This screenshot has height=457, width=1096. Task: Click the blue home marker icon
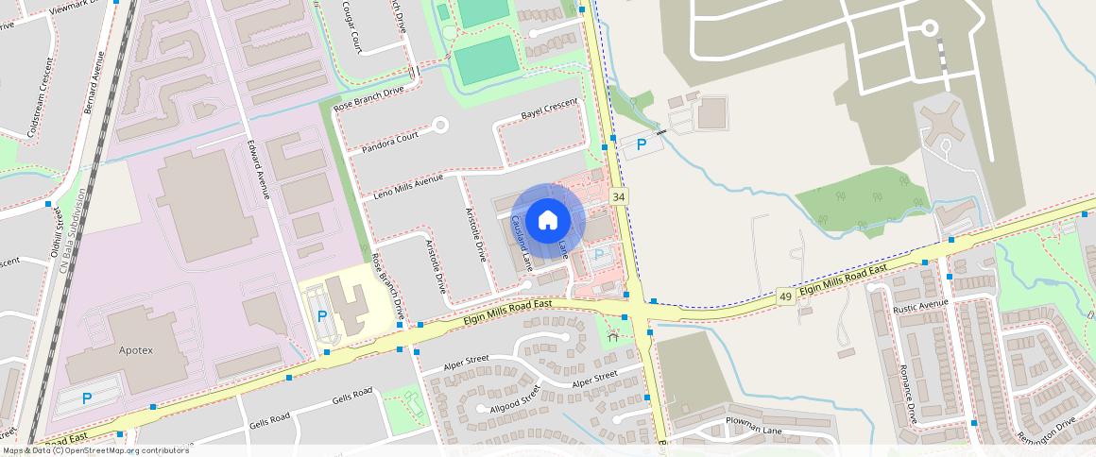pos(548,221)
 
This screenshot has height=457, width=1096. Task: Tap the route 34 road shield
pos(619,196)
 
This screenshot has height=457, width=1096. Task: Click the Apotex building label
pos(134,350)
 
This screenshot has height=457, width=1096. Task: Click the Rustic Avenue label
pos(920,303)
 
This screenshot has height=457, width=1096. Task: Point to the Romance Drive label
pos(908,393)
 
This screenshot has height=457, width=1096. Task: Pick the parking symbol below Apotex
pos(87,398)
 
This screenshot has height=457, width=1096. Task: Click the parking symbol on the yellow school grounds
pos(321,315)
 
